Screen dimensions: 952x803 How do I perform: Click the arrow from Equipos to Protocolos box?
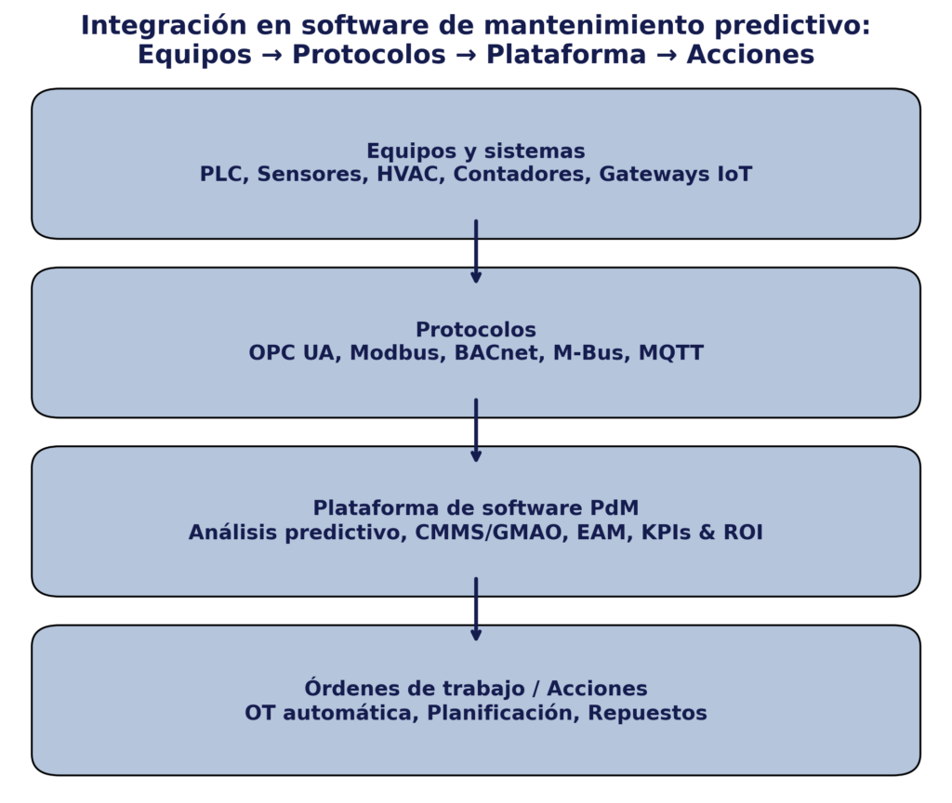coord(476,251)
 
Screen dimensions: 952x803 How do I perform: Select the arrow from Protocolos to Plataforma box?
coord(476,430)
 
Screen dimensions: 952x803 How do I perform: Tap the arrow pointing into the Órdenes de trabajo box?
coord(476,609)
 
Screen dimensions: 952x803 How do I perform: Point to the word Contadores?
coord(522,174)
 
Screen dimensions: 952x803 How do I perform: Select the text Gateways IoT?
coord(676,174)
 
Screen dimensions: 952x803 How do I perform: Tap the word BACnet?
coord(499,352)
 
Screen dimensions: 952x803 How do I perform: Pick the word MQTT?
coord(671,352)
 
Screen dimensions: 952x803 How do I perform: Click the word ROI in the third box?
coord(743,533)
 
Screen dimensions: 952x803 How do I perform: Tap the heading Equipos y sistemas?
coord(476,151)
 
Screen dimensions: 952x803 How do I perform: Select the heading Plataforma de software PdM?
coord(476,508)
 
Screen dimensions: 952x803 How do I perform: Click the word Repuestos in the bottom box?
coord(647,713)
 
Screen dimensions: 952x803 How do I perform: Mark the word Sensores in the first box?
coord(313,174)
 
